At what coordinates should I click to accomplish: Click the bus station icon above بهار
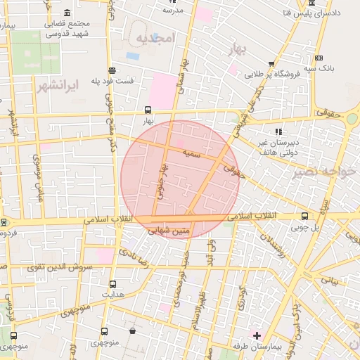click(147, 110)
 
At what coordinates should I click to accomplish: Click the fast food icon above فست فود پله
click(112, 70)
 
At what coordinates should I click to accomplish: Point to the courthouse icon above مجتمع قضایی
click(67, 13)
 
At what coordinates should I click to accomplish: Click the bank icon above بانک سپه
click(319, 58)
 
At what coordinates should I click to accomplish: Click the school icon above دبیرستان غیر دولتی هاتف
click(279, 131)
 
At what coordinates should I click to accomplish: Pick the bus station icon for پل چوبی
click(304, 216)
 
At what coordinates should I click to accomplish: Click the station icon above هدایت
click(112, 284)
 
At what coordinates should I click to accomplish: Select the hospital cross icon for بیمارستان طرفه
click(257, 336)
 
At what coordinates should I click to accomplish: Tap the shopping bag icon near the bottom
click(132, 330)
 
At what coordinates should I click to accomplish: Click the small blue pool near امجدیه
click(132, 56)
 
